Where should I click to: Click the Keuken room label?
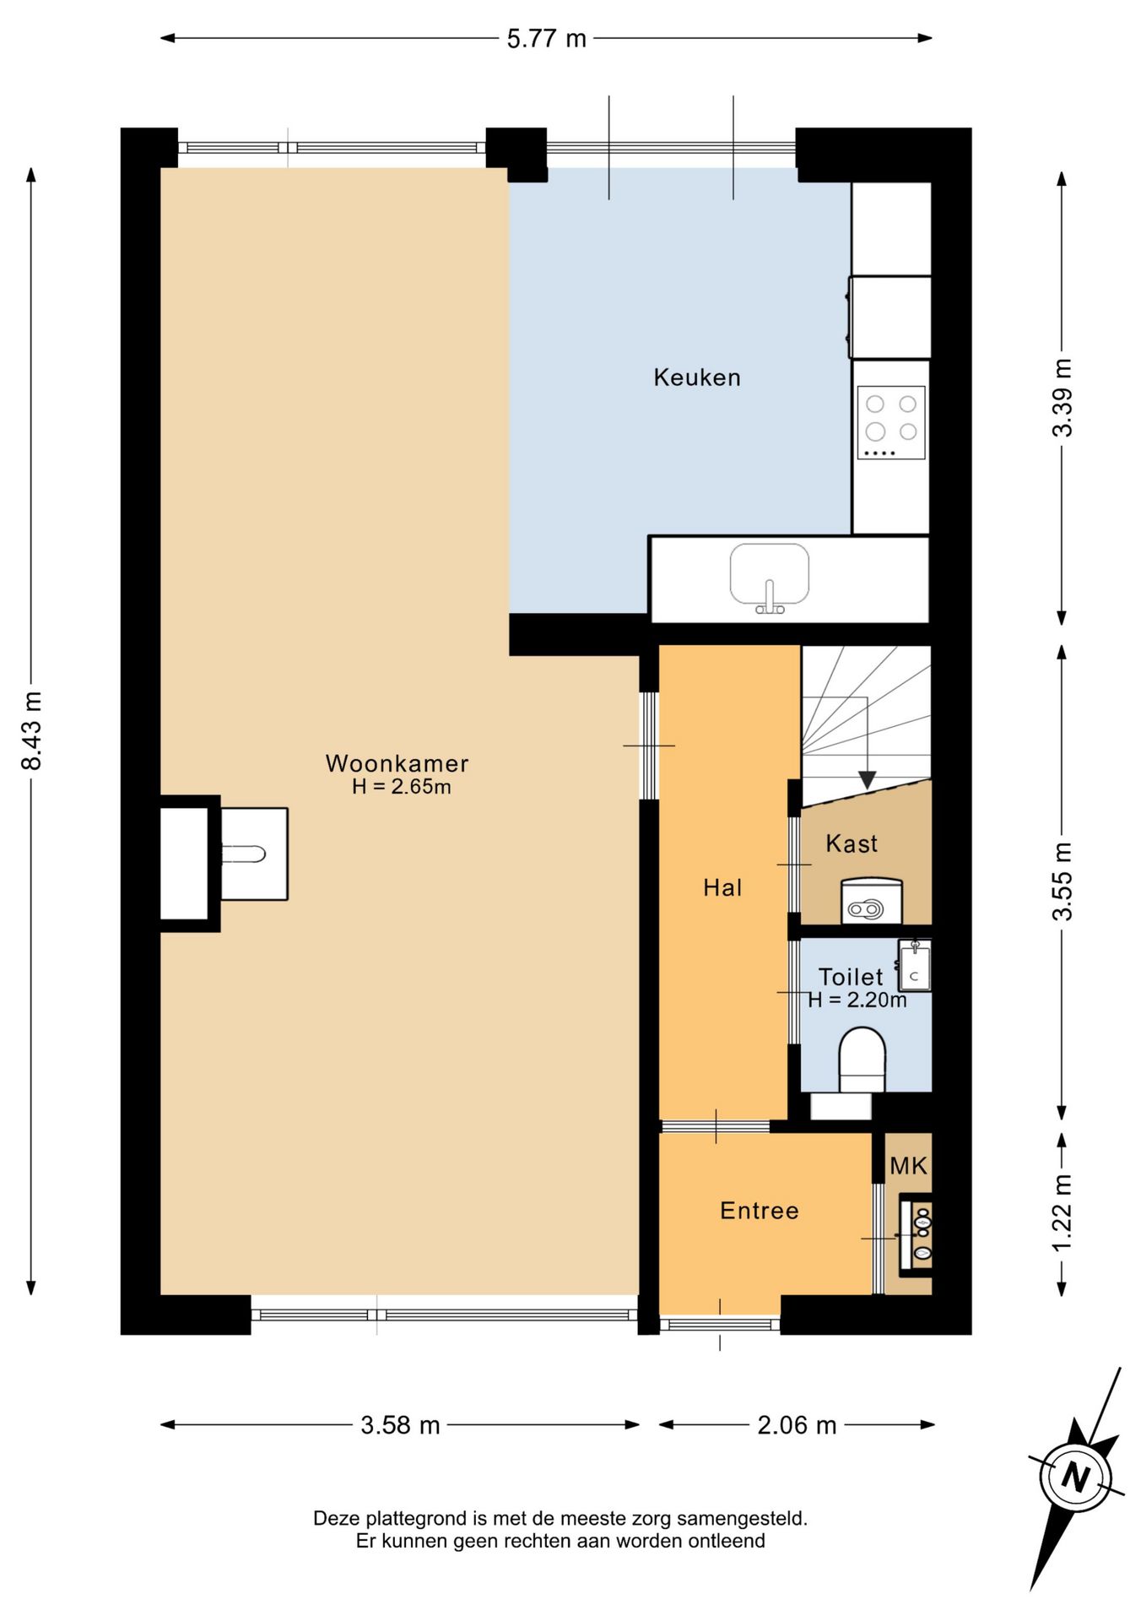click(x=697, y=377)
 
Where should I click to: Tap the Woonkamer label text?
click(x=397, y=763)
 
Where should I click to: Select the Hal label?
click(x=722, y=887)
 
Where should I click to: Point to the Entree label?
click(x=759, y=1211)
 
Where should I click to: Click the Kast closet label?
click(x=851, y=843)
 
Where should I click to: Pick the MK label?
click(x=908, y=1166)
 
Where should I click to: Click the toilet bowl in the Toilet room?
click(x=862, y=1060)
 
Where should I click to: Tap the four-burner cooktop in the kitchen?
click(x=891, y=423)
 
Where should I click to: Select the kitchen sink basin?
click(x=769, y=576)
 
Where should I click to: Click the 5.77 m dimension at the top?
click(x=546, y=39)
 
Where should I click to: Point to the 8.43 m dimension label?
click(x=32, y=730)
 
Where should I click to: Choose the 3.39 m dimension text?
click(x=1062, y=397)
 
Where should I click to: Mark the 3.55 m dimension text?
click(x=1062, y=881)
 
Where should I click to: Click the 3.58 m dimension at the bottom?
click(x=400, y=1425)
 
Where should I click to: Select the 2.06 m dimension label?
click(x=797, y=1425)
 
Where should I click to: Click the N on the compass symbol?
click(x=1075, y=1477)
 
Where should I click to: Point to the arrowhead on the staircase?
click(x=866, y=781)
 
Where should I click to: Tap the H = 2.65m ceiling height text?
click(x=402, y=787)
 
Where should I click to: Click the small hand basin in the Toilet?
click(x=915, y=966)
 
